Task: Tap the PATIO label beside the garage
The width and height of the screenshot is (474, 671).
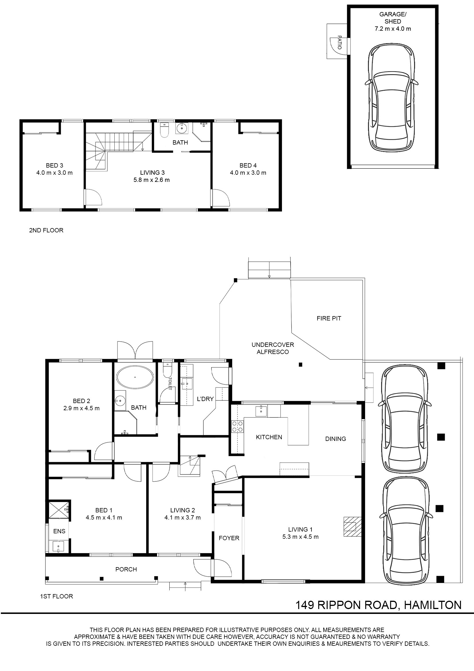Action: pos(339,42)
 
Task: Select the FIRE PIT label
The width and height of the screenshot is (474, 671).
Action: pos(329,318)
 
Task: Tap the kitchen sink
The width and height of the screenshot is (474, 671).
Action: pos(260,411)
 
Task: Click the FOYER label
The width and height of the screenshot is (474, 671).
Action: pos(229,538)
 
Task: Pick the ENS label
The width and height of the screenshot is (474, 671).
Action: pos(59,531)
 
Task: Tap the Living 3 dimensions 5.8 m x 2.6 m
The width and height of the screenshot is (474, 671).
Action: pos(152,180)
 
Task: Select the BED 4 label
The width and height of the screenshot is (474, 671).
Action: pos(248,166)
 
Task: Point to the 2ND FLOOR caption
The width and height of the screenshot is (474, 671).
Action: pos(46,230)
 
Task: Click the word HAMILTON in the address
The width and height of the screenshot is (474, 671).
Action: pos(432,605)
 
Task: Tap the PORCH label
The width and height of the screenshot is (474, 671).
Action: pos(126,569)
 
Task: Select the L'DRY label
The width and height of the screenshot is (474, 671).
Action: pos(205,399)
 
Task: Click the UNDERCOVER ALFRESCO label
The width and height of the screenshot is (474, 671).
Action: pos(273,348)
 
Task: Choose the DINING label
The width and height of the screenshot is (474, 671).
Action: pos(335,439)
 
